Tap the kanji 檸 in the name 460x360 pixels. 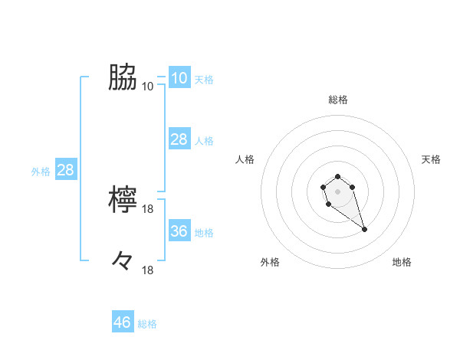click(x=123, y=200)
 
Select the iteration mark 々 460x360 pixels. click(x=123, y=261)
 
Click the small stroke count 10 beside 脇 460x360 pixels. click(x=148, y=86)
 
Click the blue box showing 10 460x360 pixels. click(x=179, y=77)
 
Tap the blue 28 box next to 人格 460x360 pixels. click(x=179, y=139)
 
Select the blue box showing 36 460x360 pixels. click(x=179, y=231)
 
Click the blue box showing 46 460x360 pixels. click(x=123, y=322)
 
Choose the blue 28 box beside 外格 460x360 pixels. click(x=65, y=169)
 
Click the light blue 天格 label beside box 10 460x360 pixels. click(x=204, y=79)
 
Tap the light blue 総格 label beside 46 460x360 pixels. click(x=147, y=324)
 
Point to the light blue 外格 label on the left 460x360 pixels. click(x=41, y=172)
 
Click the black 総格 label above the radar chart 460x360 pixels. click(x=337, y=100)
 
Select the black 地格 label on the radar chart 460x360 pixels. click(x=402, y=262)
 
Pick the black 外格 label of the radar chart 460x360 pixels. click(x=270, y=262)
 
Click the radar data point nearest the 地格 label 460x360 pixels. click(x=364, y=229)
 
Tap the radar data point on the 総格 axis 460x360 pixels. click(x=337, y=177)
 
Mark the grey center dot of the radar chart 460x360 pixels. click(x=337, y=190)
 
